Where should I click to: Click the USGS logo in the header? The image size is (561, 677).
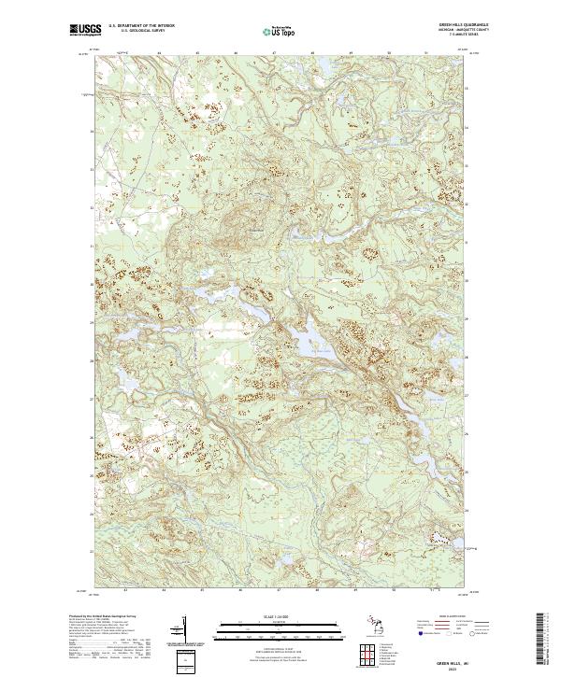85,30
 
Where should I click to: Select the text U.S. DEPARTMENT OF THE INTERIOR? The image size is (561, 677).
141,26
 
